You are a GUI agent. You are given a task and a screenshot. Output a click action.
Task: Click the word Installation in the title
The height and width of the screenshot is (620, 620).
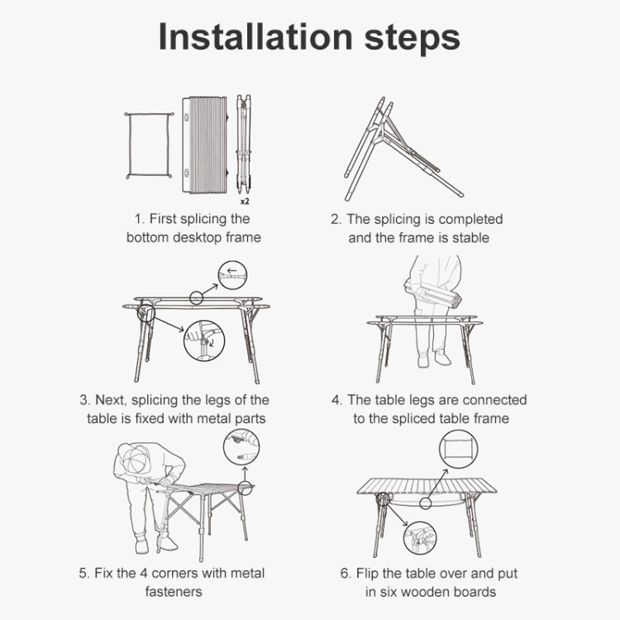click(x=255, y=36)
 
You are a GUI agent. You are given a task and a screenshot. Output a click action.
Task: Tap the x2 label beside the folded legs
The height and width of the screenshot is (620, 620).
click(x=246, y=201)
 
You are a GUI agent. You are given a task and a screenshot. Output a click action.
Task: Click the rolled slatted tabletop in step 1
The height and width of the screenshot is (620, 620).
click(x=205, y=145)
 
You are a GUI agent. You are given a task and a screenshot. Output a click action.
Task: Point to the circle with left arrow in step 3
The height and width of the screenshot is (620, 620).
click(x=232, y=274)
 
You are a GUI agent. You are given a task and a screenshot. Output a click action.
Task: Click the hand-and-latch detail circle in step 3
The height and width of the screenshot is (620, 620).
click(x=204, y=341)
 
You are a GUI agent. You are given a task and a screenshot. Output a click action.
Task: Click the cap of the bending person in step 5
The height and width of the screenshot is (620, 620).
click(x=136, y=459)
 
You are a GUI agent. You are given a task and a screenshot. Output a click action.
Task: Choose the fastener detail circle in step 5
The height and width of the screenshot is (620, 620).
click(x=241, y=447)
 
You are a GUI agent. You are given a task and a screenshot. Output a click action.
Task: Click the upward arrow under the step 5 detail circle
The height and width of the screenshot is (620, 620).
click(x=246, y=475)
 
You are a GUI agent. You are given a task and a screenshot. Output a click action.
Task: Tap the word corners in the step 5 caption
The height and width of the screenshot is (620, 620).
click(x=174, y=573)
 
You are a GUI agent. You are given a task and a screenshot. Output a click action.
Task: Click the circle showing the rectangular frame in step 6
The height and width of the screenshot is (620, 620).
click(x=458, y=449)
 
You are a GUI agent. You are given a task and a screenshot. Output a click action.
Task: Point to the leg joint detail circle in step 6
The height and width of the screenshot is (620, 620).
click(x=420, y=538)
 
